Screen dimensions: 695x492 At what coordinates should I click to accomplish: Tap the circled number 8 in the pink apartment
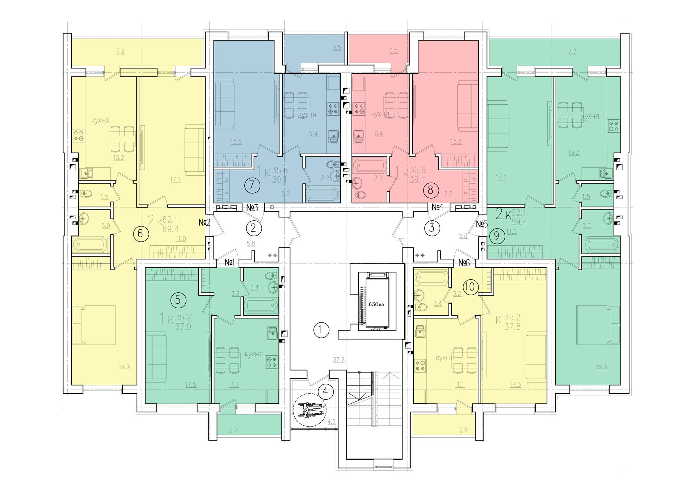tap(430, 189)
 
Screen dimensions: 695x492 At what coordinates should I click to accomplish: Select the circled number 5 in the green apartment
tap(178, 300)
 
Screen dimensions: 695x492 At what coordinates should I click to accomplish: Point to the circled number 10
tap(470, 287)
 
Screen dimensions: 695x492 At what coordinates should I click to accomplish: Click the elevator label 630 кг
tap(376, 304)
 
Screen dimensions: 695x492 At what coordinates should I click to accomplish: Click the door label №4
tap(438, 207)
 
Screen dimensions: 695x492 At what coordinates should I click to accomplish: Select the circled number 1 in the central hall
tap(321, 330)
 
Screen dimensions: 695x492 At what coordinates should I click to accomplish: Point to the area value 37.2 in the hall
tap(339, 360)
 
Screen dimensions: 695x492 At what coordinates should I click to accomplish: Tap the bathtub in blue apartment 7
tap(322, 193)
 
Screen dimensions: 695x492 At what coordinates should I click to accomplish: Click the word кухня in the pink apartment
tap(380, 114)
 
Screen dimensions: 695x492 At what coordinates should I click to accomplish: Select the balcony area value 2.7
tap(233, 430)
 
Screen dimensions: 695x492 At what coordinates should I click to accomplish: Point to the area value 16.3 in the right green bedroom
tap(601, 367)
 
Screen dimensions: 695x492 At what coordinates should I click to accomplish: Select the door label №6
tap(464, 263)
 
